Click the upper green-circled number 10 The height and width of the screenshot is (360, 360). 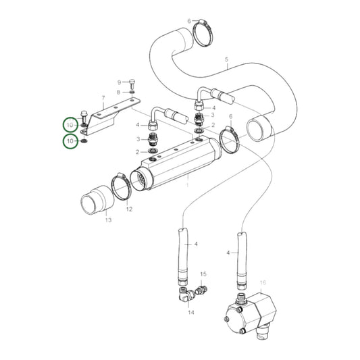point(71,125)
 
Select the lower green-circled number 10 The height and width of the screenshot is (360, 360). point(71,141)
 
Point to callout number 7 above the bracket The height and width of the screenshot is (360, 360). point(103,98)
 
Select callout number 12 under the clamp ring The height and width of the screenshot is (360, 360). point(128,209)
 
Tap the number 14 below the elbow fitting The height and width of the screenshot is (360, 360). point(191,313)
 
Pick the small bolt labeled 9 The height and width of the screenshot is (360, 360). point(132,81)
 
